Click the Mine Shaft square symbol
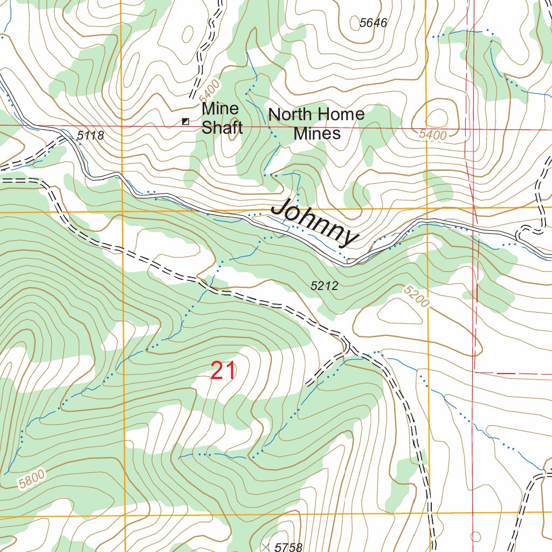click(185, 122)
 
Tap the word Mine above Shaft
click(220, 109)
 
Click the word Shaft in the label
click(222, 128)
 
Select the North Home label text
click(316, 114)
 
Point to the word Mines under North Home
click(317, 133)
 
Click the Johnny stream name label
click(314, 223)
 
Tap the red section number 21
click(223, 371)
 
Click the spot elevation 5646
click(374, 23)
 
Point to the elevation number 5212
click(325, 286)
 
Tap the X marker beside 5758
click(265, 547)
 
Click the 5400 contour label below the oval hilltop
click(433, 135)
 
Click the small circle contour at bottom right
click(475, 536)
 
